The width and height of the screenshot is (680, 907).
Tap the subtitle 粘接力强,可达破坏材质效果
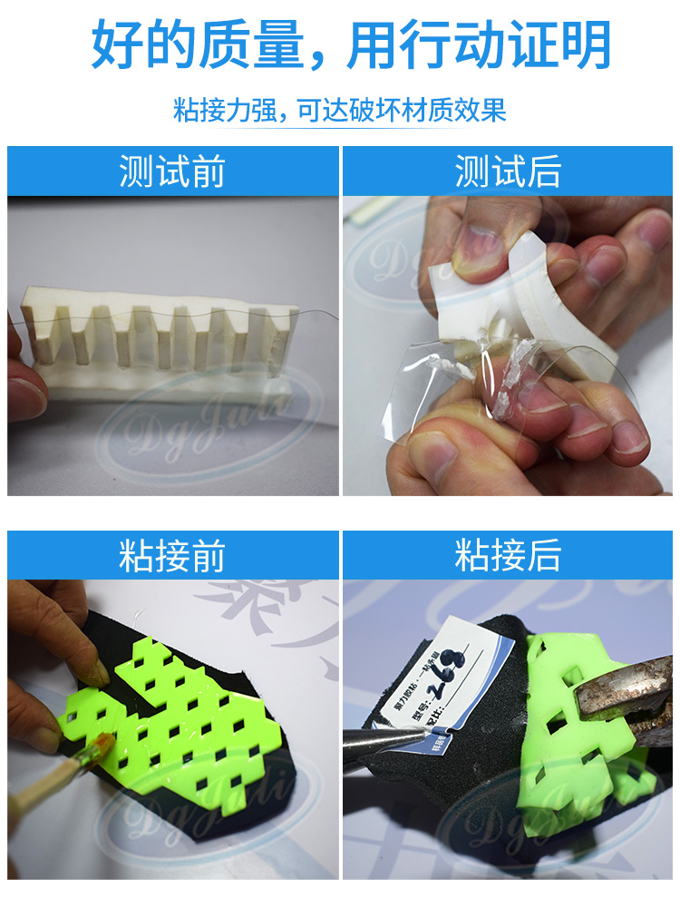click(x=339, y=111)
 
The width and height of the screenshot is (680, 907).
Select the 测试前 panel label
click(x=172, y=171)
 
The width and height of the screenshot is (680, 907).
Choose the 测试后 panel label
click(x=508, y=171)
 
